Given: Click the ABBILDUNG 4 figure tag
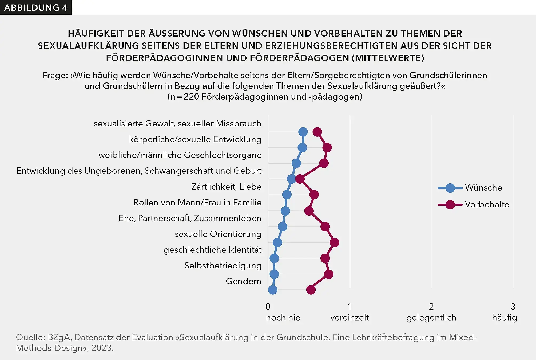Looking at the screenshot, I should [x=35, y=7].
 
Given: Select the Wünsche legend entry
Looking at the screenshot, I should [x=483, y=188].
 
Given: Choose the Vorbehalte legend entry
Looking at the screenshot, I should [x=487, y=204].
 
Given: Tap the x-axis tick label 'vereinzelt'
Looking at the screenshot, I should [x=350, y=318].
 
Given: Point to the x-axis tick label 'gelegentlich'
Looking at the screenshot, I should [x=431, y=318].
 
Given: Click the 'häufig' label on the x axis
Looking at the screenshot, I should [x=504, y=318].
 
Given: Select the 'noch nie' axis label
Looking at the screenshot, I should [x=283, y=318].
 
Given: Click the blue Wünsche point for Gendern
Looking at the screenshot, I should [x=272, y=290].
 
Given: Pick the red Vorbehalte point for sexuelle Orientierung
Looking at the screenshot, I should [x=334, y=243].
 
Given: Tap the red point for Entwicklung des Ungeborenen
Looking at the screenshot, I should [x=300, y=179].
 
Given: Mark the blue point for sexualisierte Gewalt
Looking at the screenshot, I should [x=303, y=132].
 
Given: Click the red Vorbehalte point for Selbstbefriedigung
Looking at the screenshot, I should [x=328, y=274].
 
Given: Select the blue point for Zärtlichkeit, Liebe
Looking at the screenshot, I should [x=287, y=195].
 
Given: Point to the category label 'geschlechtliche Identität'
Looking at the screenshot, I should [x=213, y=250].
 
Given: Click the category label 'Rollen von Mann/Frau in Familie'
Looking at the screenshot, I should [x=197, y=203].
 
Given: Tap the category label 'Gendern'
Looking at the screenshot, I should [x=243, y=281].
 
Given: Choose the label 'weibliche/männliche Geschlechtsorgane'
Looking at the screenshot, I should [x=180, y=155].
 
